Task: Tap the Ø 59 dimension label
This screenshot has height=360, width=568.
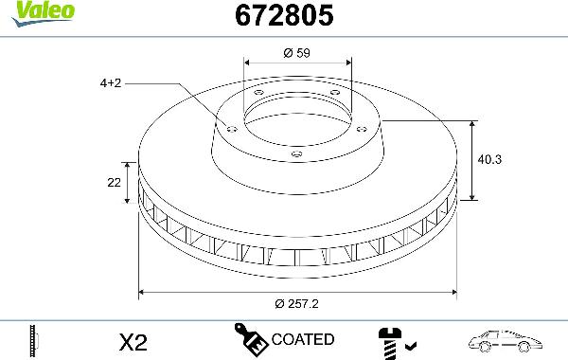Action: (x=298, y=53)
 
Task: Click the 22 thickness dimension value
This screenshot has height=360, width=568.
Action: (x=115, y=182)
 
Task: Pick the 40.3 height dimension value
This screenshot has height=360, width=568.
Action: (x=489, y=159)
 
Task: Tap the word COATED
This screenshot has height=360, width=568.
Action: (x=302, y=339)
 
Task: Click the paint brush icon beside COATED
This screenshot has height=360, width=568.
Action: (x=250, y=338)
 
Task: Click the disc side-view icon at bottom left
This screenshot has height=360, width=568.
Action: (x=35, y=339)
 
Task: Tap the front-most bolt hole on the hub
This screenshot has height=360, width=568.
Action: (x=296, y=154)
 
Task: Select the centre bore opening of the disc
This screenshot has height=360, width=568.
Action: (x=297, y=119)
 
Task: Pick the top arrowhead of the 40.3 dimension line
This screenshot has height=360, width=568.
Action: (x=473, y=123)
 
